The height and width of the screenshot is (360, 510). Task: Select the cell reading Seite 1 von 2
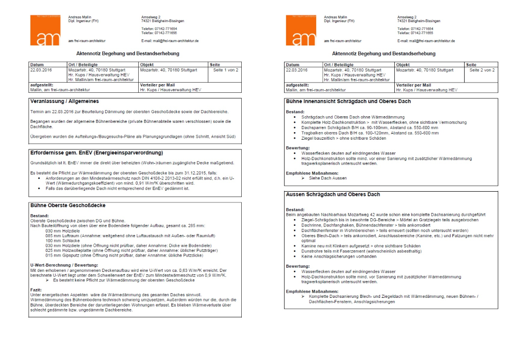(224, 70)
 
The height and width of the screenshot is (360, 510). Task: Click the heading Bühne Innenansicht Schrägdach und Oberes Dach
(348, 101)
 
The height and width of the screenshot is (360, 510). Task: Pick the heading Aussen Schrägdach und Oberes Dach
(333, 194)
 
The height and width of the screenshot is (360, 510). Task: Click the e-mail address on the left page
(170, 41)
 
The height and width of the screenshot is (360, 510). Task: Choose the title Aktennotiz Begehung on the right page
(384, 53)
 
